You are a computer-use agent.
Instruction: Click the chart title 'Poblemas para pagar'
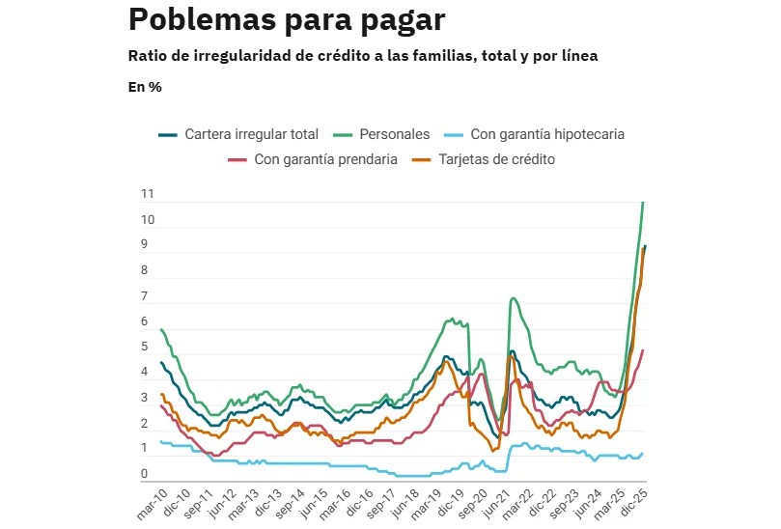(286, 19)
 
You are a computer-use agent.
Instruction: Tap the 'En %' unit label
(145, 86)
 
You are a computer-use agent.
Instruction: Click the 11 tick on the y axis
(148, 194)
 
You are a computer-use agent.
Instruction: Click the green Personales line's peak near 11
(643, 203)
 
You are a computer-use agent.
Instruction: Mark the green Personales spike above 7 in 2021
(514, 298)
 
